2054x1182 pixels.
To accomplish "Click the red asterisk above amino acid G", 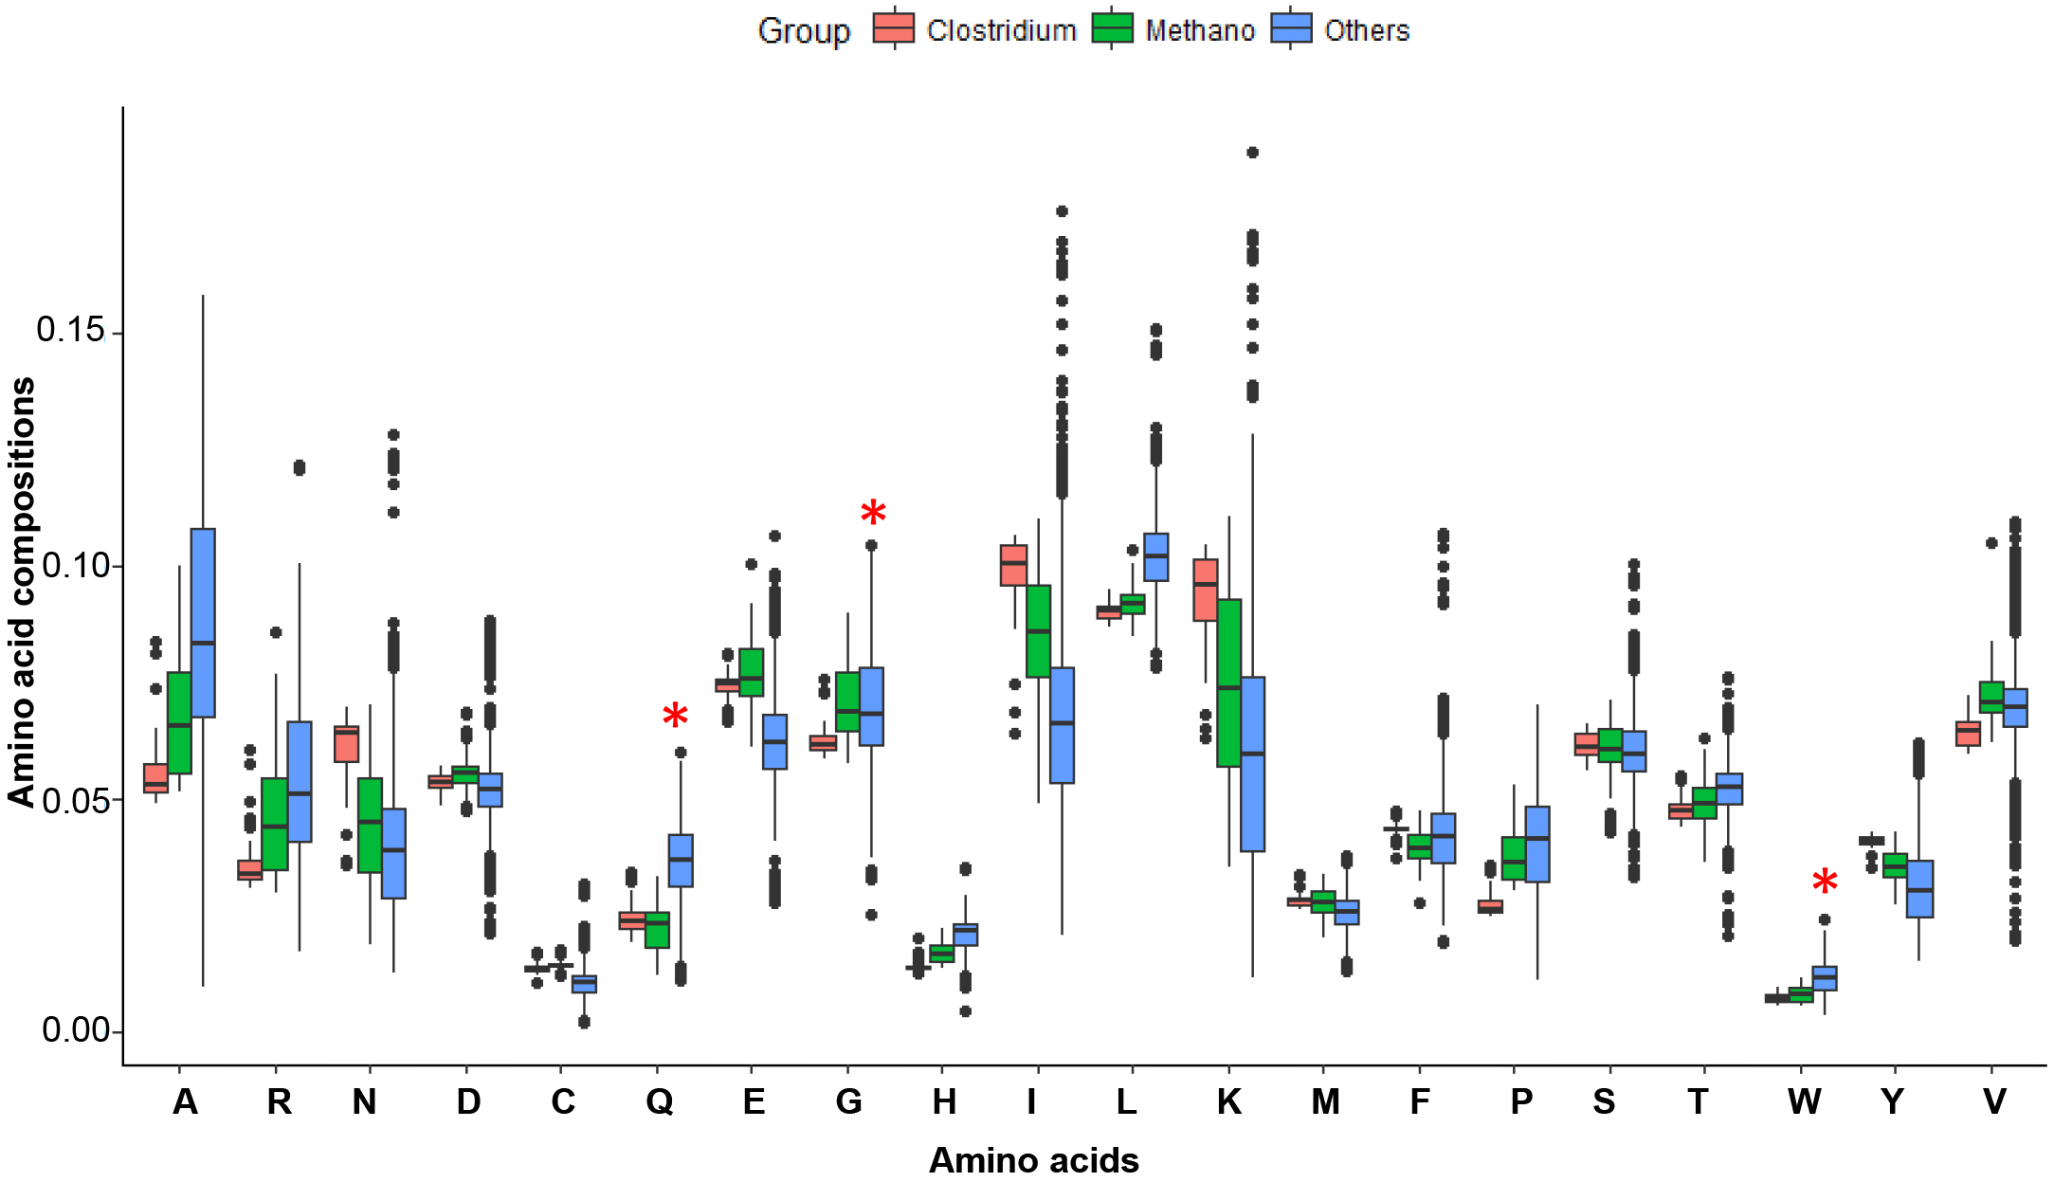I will pyautogui.click(x=873, y=515).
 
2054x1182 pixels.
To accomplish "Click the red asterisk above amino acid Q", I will pyautogui.click(x=675, y=717).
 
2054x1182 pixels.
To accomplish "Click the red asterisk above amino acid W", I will pyautogui.click(x=1825, y=882).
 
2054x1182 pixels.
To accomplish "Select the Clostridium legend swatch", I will pyautogui.click(x=894, y=29).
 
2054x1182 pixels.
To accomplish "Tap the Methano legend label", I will pyautogui.click(x=1199, y=31).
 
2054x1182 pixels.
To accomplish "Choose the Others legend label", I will pyautogui.click(x=1366, y=31).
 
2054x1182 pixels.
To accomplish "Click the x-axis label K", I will pyautogui.click(x=1228, y=1102).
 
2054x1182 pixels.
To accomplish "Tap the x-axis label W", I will pyautogui.click(x=1804, y=1102).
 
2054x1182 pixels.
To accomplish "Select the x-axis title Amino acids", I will pyautogui.click(x=1033, y=1160).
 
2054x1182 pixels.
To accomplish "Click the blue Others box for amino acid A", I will pyautogui.click(x=203, y=622).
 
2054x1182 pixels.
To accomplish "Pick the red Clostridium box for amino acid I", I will pyautogui.click(x=1014, y=566).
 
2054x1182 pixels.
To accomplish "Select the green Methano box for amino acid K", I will pyautogui.click(x=1228, y=682).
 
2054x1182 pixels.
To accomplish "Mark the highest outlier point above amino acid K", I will pyautogui.click(x=1252, y=153).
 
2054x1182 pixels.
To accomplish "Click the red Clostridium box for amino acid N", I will pyautogui.click(x=347, y=744).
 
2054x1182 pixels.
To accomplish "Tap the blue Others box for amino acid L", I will pyautogui.click(x=1156, y=557).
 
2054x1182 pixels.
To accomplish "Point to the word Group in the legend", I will pyautogui.click(x=804, y=31).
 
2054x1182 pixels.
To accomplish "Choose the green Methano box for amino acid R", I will pyautogui.click(x=275, y=823).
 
